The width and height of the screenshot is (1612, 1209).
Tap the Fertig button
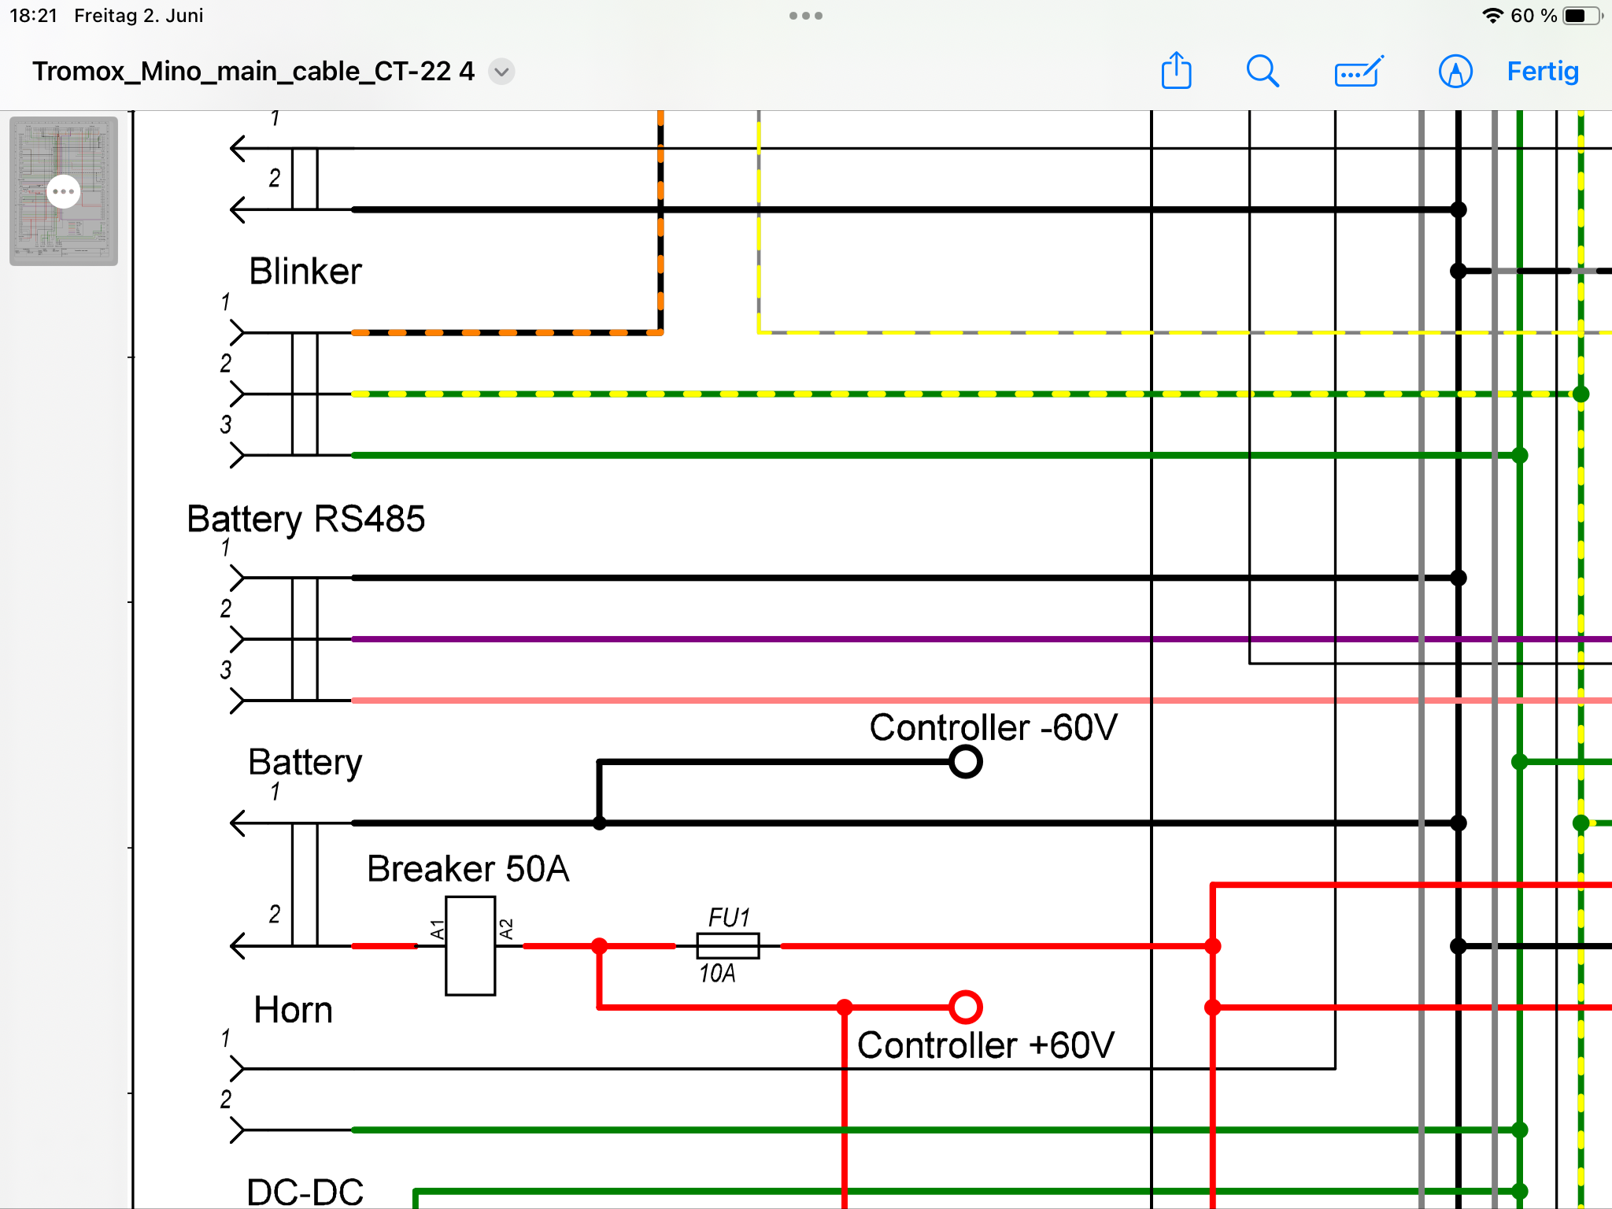1542,72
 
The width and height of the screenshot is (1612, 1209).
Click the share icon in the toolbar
1176,71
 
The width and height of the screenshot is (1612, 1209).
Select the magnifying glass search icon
1262,72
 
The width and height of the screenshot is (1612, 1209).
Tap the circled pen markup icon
1455,72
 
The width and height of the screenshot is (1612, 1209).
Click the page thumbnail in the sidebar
64,190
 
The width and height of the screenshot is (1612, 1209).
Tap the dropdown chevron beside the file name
501,72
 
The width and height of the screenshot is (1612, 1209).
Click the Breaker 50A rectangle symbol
470,945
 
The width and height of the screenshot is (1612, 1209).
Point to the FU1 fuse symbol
728,945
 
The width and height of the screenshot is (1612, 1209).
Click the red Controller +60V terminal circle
965,1007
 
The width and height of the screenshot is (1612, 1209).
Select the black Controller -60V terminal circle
965,761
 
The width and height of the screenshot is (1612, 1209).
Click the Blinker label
305,272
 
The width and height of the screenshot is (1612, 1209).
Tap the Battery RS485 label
305,519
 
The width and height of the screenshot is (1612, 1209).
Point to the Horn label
293,1010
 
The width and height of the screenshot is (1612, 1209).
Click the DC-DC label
305,1192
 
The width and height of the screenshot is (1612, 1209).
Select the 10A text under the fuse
717,974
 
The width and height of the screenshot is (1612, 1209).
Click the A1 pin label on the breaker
437,930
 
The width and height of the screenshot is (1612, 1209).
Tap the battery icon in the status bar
1581,16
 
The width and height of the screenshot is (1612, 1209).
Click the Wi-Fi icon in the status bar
1492,16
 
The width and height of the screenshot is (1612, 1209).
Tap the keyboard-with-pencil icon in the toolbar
1359,72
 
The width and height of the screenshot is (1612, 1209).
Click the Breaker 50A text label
468,869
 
